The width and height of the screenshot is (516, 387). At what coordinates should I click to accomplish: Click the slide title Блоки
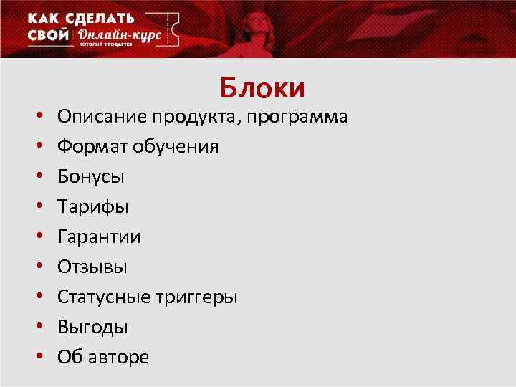click(x=262, y=88)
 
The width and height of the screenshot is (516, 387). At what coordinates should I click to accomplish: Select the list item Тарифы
click(x=93, y=207)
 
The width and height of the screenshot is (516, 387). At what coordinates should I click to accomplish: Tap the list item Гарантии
click(x=99, y=237)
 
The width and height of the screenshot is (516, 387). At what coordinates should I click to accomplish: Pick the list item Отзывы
click(x=92, y=267)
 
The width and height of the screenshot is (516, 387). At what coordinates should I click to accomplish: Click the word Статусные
click(x=105, y=297)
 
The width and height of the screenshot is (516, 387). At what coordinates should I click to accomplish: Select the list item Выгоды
click(x=93, y=328)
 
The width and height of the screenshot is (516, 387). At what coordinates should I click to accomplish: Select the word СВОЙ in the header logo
click(x=49, y=35)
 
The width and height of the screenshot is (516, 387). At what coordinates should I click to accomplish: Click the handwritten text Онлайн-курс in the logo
click(x=119, y=35)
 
